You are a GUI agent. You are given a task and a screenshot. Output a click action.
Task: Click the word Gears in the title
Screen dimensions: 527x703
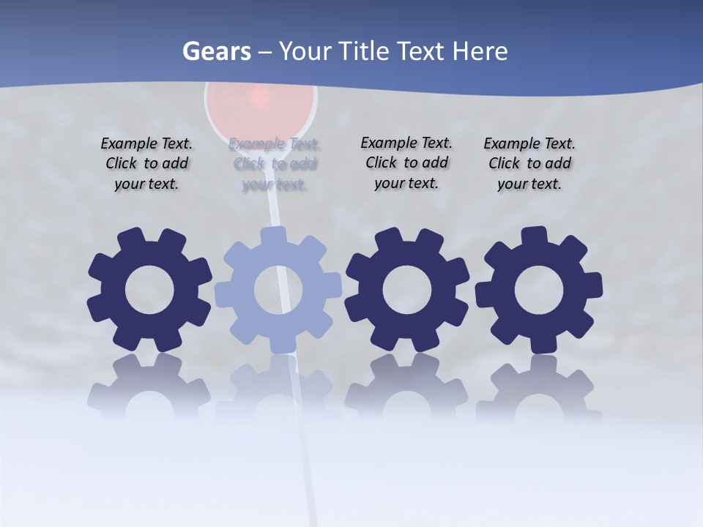[x=215, y=51]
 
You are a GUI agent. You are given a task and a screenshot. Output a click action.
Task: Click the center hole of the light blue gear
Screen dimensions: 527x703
[x=278, y=290]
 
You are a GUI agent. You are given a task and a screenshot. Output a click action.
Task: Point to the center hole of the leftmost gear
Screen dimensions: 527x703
[x=149, y=290]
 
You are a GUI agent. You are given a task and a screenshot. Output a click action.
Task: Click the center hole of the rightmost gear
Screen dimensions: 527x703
[x=539, y=290]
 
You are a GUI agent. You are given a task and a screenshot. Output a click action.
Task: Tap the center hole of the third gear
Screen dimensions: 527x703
[x=407, y=290]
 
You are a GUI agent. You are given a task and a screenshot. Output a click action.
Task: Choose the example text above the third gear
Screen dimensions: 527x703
[x=406, y=162]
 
